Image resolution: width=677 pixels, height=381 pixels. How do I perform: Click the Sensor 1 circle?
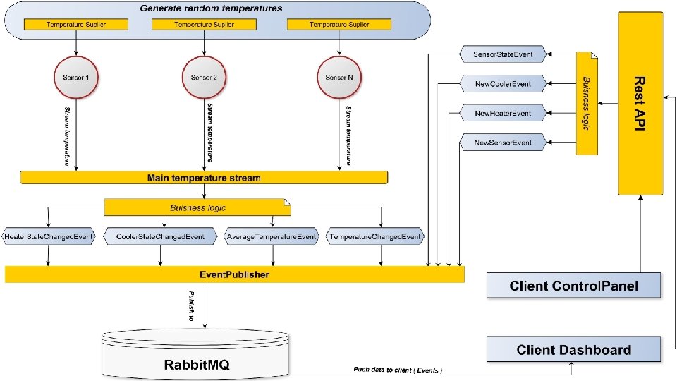[x=76, y=78]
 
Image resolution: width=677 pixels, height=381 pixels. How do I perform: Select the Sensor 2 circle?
[x=205, y=78]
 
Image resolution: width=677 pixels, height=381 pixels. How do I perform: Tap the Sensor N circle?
[x=339, y=78]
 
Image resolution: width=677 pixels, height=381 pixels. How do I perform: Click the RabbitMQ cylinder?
[x=195, y=354]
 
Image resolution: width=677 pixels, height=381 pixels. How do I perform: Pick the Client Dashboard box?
[x=574, y=349]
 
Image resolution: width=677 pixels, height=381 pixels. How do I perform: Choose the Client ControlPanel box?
[x=574, y=285]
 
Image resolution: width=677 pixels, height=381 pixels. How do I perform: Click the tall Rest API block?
[x=640, y=103]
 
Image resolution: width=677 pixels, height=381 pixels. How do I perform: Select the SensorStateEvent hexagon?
[x=503, y=54]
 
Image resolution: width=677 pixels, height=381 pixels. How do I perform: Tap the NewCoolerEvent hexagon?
[x=503, y=84]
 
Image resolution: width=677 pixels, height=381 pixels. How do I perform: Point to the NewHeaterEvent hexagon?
[x=503, y=113]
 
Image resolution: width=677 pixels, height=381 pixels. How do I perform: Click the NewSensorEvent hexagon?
[x=503, y=143]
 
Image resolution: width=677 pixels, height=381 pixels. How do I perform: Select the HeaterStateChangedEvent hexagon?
[x=49, y=236]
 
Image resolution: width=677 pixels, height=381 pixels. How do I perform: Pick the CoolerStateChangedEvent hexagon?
[x=160, y=236]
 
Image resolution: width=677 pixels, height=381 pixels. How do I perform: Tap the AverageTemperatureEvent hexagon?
[x=272, y=236]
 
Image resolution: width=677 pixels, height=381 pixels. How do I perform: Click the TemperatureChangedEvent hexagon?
[x=375, y=236]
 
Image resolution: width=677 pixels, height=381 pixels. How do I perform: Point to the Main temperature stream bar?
[x=205, y=178]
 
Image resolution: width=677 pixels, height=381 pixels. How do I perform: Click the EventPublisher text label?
[x=234, y=274]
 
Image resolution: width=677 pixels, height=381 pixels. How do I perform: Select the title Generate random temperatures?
[x=211, y=8]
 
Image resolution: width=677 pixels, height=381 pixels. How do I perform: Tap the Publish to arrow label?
[x=191, y=306]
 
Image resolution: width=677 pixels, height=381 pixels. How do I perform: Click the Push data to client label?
[x=398, y=370]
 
